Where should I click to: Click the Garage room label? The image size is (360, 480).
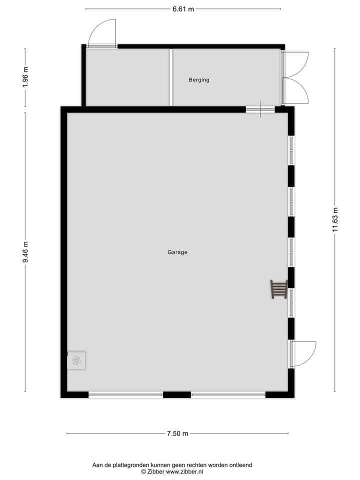(177, 252)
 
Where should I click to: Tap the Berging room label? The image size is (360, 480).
(199, 80)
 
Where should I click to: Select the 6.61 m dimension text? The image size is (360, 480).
(183, 9)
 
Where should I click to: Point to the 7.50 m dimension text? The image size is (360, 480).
(177, 433)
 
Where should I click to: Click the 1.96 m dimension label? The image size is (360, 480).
(25, 77)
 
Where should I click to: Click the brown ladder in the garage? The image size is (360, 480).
(278, 289)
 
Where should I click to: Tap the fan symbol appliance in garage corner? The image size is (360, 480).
(76, 360)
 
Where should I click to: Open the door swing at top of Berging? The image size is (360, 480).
(102, 33)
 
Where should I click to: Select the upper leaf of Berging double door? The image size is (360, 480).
(296, 64)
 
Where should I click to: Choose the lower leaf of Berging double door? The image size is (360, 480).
(296, 91)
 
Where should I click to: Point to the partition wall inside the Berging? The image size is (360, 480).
(171, 77)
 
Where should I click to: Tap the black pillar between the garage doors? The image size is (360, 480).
(177, 395)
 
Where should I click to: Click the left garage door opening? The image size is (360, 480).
(126, 395)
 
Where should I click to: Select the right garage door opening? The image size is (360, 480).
(228, 395)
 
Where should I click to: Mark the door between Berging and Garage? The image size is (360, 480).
(260, 109)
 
